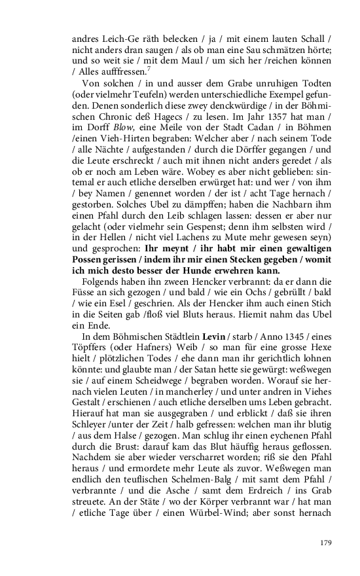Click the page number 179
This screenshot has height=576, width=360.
[x=327, y=543]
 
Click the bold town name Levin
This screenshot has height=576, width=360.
[x=213, y=336]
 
